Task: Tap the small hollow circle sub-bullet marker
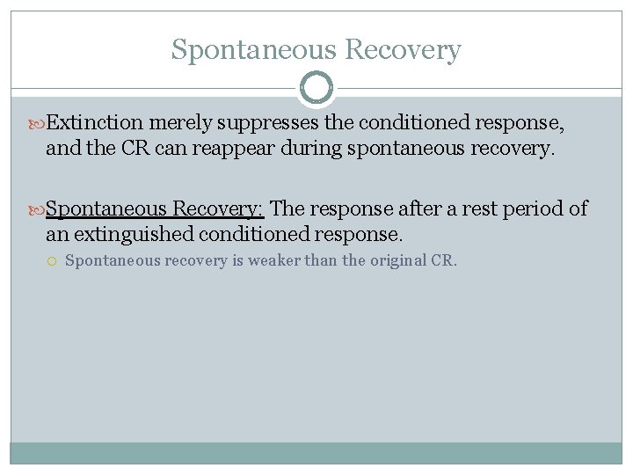pyautogui.click(x=53, y=260)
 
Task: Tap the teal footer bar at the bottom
pyautogui.click(x=316, y=452)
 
